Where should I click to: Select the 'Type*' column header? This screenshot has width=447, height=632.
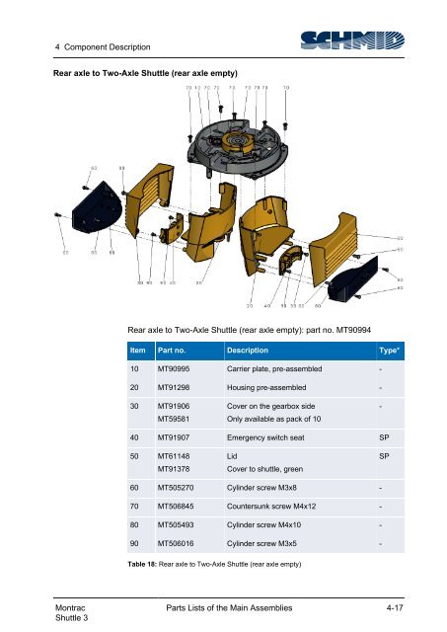[x=388, y=350]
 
